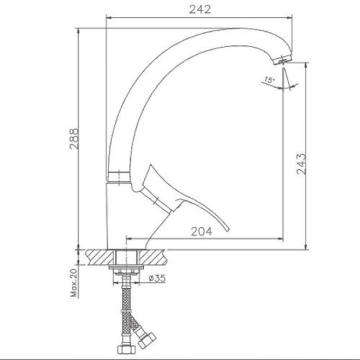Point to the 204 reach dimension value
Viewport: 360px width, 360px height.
point(203,231)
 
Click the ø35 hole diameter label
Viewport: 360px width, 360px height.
point(158,279)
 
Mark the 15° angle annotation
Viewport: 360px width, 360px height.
point(269,81)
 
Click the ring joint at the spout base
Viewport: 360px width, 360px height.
point(120,176)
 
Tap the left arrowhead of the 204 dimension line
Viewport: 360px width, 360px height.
point(129,239)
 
